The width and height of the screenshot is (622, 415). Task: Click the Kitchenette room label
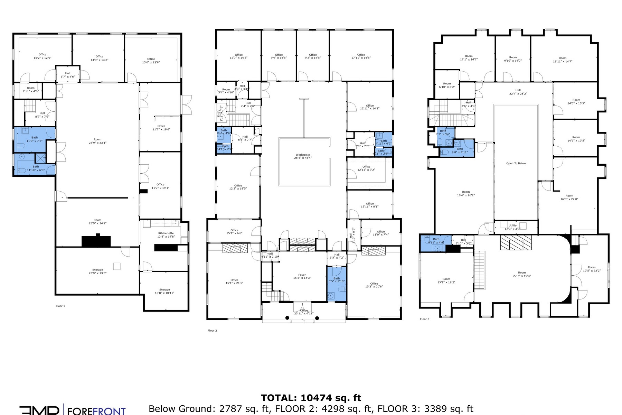166,235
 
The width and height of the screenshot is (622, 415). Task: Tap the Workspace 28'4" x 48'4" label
303,156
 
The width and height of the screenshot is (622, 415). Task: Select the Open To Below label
516,163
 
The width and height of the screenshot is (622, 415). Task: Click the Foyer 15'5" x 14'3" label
302,276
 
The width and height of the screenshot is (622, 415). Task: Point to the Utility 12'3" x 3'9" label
512,227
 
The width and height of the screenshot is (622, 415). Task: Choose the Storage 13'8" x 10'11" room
164,291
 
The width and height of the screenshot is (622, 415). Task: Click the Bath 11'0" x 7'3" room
34,139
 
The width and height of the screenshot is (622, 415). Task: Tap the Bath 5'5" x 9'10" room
336,280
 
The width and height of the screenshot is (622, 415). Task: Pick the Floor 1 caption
60,306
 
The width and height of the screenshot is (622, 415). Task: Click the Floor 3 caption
424,319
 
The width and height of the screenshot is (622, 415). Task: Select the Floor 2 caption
212,331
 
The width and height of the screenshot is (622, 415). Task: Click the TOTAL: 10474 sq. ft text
311,398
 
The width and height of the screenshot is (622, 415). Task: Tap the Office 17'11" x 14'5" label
361,56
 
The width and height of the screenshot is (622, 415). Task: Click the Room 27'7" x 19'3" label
522,274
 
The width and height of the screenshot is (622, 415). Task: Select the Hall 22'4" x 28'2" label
518,92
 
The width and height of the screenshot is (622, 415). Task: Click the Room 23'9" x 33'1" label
97,141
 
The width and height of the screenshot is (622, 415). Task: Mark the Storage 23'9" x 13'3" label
97,271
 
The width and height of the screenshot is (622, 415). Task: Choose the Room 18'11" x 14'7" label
563,59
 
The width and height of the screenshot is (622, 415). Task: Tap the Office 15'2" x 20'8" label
374,285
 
